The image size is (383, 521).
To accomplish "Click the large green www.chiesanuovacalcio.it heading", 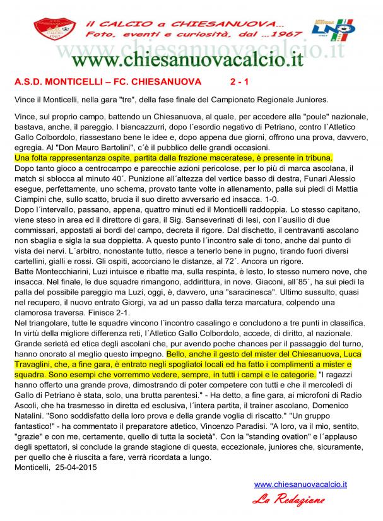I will (x=189, y=60).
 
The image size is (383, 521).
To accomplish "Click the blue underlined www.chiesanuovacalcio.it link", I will (x=300, y=484).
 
